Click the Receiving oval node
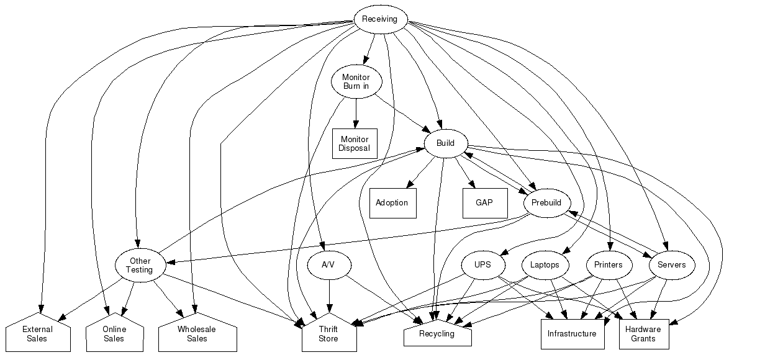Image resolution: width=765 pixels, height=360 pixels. click(x=380, y=19)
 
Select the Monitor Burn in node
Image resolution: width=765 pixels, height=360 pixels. click(x=356, y=81)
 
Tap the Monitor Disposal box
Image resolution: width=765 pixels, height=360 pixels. click(x=355, y=143)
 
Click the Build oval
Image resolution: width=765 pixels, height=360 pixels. click(x=445, y=143)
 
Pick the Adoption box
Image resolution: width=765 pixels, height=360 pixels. click(x=392, y=203)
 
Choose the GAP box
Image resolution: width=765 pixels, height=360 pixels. click(x=484, y=203)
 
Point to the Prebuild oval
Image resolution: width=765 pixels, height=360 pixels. click(x=546, y=203)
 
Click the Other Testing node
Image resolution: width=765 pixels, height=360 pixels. click(x=140, y=266)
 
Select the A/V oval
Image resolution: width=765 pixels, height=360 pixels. click(x=329, y=265)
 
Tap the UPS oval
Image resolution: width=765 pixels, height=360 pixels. click(x=482, y=265)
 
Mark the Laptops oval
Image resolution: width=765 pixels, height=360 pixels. click(x=545, y=265)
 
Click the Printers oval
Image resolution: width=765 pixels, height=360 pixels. click(x=609, y=265)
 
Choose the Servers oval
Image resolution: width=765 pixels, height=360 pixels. click(x=672, y=265)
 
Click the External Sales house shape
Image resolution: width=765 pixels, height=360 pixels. click(x=37, y=335)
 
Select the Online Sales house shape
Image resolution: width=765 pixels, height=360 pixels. click(x=114, y=335)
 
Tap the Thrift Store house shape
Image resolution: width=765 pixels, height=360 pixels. click(x=328, y=335)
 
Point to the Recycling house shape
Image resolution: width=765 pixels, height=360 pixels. click(x=437, y=334)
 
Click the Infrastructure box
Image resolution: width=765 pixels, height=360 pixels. click(x=572, y=334)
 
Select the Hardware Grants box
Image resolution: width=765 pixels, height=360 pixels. click(x=643, y=334)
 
